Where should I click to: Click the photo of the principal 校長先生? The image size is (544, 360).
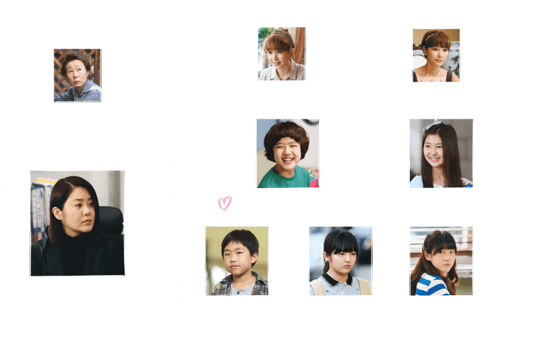point(77,74)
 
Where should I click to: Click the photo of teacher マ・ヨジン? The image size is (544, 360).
point(77,222)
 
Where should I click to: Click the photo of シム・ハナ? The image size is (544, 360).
point(287,152)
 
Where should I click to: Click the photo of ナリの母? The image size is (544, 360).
point(436,54)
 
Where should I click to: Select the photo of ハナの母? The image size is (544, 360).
point(281,54)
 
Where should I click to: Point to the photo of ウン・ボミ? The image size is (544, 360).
point(340,261)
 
